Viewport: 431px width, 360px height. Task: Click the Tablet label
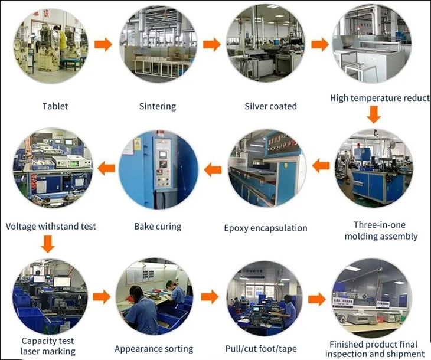55,106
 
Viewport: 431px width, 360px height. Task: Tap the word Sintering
158,106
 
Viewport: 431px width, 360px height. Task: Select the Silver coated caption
271,106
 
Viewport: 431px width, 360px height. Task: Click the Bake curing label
158,227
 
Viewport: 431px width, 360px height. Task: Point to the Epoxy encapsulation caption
266,228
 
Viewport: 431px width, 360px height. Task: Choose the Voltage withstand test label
51,227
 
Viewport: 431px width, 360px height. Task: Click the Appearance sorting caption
154,349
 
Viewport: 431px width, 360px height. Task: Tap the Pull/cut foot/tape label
261,349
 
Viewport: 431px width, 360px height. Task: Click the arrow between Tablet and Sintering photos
103,44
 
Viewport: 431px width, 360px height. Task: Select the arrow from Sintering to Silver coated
212,44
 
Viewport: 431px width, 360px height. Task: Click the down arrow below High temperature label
374,115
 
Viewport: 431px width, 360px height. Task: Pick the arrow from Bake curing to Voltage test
106,168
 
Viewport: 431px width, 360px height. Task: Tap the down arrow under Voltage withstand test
48,244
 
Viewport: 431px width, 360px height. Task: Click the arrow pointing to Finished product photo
317,299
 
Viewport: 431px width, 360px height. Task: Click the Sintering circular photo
158,44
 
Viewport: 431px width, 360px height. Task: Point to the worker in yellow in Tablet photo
62,42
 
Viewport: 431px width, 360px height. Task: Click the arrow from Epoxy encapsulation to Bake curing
213,169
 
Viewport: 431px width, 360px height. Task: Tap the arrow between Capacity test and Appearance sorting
102,297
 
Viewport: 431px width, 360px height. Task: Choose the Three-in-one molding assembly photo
374,168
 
